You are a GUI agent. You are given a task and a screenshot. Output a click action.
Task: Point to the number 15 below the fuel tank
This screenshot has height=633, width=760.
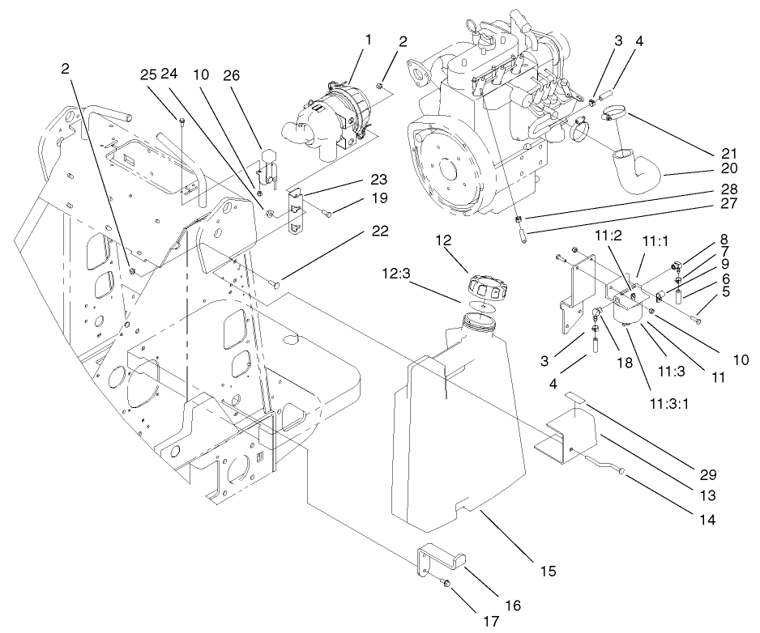pos(548,571)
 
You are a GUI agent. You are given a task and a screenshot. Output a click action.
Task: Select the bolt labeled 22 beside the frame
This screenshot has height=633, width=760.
pos(276,284)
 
